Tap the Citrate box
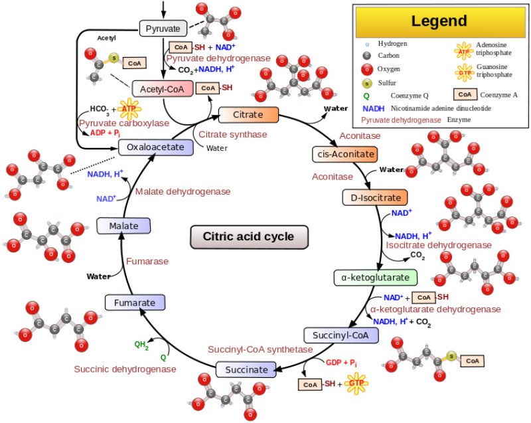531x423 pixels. click(x=248, y=115)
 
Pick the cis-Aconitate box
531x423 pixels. click(x=344, y=155)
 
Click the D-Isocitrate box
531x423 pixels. click(x=374, y=197)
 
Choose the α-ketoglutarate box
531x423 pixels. click(x=375, y=277)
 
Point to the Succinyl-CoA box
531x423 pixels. click(x=341, y=335)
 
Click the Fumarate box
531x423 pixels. click(x=135, y=303)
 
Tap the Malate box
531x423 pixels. click(x=123, y=226)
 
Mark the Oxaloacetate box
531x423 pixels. click(x=155, y=147)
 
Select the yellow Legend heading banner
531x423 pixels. click(x=439, y=21)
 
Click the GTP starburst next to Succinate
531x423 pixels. click(x=358, y=384)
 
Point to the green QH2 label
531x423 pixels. click(x=141, y=345)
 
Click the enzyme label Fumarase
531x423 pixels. click(x=147, y=261)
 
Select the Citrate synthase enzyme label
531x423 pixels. click(x=224, y=134)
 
